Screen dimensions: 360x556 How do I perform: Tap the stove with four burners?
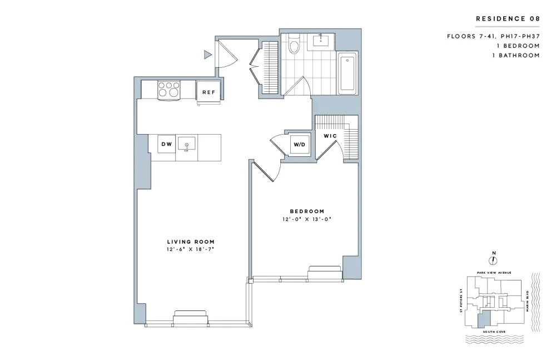point(169,90)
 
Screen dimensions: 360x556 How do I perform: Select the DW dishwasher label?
point(166,145)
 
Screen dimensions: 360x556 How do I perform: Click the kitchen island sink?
point(187,144)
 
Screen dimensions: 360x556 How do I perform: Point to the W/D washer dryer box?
point(299,145)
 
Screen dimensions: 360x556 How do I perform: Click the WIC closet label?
point(330,136)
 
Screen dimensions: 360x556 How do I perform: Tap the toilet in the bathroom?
point(294,44)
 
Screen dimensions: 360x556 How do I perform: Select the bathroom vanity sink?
point(321,41)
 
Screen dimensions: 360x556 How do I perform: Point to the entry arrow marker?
point(207,55)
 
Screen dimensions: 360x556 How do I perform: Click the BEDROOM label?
point(307,211)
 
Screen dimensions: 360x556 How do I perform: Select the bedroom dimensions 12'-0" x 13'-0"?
point(307,219)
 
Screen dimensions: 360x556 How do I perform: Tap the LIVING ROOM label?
point(191,241)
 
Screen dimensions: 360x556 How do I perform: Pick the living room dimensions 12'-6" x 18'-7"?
point(191,250)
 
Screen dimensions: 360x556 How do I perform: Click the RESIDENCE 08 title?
point(508,19)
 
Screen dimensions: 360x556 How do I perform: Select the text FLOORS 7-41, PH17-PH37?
point(493,36)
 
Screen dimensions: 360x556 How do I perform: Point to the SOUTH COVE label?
point(493,331)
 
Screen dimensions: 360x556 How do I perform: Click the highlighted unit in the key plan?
point(484,318)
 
